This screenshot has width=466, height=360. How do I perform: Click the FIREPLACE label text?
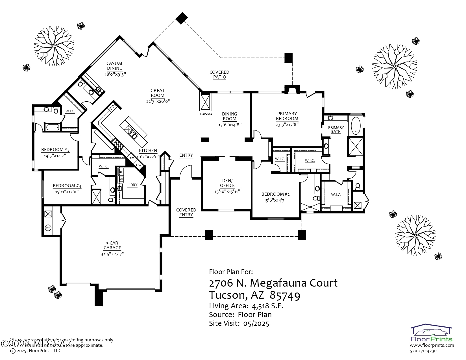pos(205,114)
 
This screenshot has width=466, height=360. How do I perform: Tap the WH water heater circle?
pos(48,228)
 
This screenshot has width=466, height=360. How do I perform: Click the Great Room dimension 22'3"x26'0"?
pos(158,101)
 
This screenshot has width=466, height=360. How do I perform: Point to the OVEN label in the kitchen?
pos(112,107)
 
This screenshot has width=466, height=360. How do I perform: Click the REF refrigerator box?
pos(132,158)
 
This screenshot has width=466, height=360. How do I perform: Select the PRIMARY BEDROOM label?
pos(287,116)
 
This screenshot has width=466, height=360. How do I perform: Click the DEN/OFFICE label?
pos(227,183)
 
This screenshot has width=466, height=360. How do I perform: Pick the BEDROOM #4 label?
pos(67,186)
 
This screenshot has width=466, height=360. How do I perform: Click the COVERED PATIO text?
pos(219,75)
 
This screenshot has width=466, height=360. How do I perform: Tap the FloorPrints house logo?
pos(432,330)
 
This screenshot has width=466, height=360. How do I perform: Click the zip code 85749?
pos(285,295)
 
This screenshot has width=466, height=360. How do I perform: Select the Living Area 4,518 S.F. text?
pos(246,306)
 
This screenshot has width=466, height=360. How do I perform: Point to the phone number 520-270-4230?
pos(423,351)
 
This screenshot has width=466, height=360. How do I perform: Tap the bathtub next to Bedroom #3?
pos(53,127)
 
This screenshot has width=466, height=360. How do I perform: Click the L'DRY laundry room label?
pos(132,185)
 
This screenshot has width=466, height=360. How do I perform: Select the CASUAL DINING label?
pos(115,66)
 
